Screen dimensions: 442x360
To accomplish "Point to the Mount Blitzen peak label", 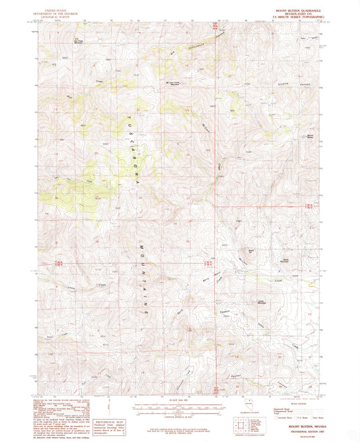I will click(x=311, y=136).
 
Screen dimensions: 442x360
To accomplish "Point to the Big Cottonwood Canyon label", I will click(x=196, y=48).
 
